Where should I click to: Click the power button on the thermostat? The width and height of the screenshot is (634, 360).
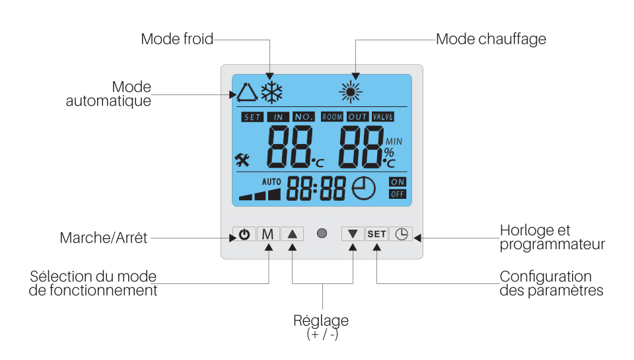point(244,234)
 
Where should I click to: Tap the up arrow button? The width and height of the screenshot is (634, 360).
point(293,234)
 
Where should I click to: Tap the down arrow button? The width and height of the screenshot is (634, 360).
point(353,234)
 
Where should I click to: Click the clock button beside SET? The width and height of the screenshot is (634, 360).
point(401,234)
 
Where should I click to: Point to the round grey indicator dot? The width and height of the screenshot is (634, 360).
point(322,234)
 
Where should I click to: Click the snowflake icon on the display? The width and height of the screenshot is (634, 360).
point(271,92)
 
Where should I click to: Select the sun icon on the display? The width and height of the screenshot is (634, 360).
point(351,91)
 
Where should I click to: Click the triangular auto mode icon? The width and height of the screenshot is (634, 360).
point(246,92)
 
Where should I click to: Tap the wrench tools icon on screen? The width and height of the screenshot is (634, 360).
point(242,159)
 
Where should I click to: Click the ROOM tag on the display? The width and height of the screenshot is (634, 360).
point(332,117)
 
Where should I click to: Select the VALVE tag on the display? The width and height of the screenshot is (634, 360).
point(383,117)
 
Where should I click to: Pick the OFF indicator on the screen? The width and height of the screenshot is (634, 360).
point(398,194)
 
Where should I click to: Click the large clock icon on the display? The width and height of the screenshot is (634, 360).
point(363,189)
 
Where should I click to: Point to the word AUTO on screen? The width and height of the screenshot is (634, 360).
point(271,181)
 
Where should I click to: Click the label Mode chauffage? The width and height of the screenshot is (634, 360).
point(491,39)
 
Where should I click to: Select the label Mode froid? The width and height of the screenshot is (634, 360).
point(177,39)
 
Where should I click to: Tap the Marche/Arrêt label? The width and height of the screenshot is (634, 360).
point(104,238)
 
